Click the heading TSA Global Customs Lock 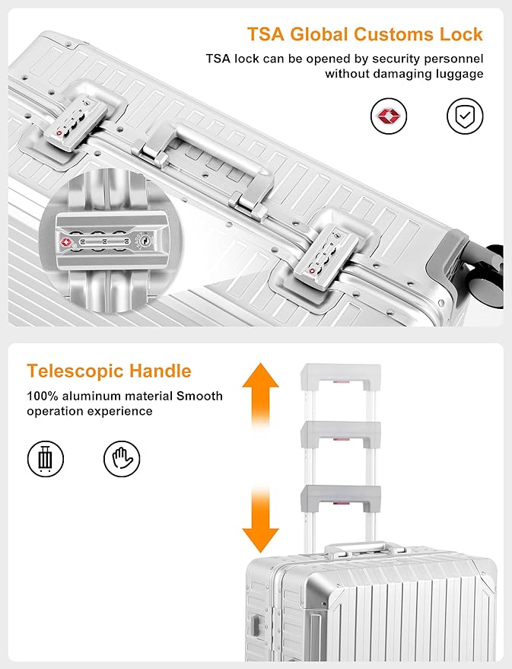click(x=365, y=34)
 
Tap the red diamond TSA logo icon click(x=389, y=116)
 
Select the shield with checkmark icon click(x=465, y=116)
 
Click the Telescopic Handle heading click(x=109, y=371)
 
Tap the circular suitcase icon click(x=45, y=459)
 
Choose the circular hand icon click(x=122, y=459)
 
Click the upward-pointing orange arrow click(x=260, y=396)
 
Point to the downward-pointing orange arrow click(x=260, y=520)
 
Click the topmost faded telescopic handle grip click(x=341, y=378)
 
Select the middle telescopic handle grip click(x=341, y=435)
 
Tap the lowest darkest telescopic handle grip click(x=341, y=498)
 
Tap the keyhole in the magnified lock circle click(x=145, y=241)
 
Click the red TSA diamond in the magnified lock click(x=65, y=242)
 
